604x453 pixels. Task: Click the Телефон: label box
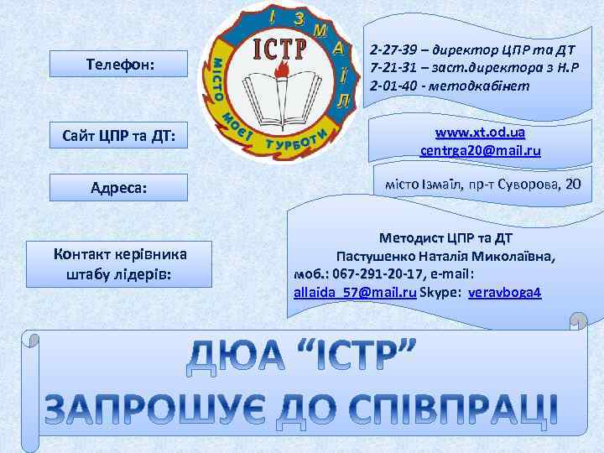pyautogui.click(x=118, y=64)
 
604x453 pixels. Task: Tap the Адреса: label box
pyautogui.click(x=118, y=187)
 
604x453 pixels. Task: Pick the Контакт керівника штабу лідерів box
pyautogui.click(x=118, y=263)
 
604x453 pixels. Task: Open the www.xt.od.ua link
pyautogui.click(x=480, y=133)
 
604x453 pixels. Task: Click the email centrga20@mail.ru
pyautogui.click(x=480, y=151)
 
